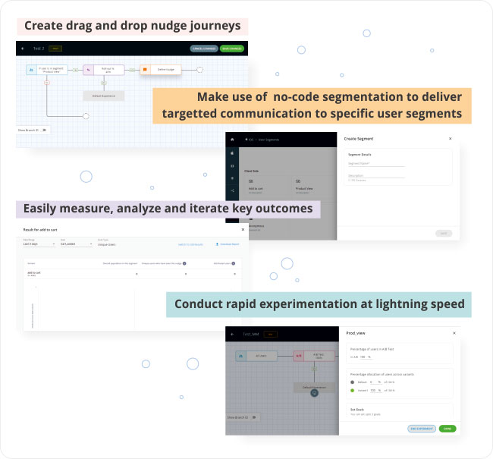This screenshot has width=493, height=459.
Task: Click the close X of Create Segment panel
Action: coord(450,139)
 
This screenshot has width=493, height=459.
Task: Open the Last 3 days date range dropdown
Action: coord(39,244)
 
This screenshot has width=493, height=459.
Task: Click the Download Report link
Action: coord(228,244)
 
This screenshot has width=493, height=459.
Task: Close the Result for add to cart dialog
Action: coord(243,229)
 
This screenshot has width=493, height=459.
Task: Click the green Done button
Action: coord(447,429)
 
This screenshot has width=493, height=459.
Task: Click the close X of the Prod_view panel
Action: coord(454,332)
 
